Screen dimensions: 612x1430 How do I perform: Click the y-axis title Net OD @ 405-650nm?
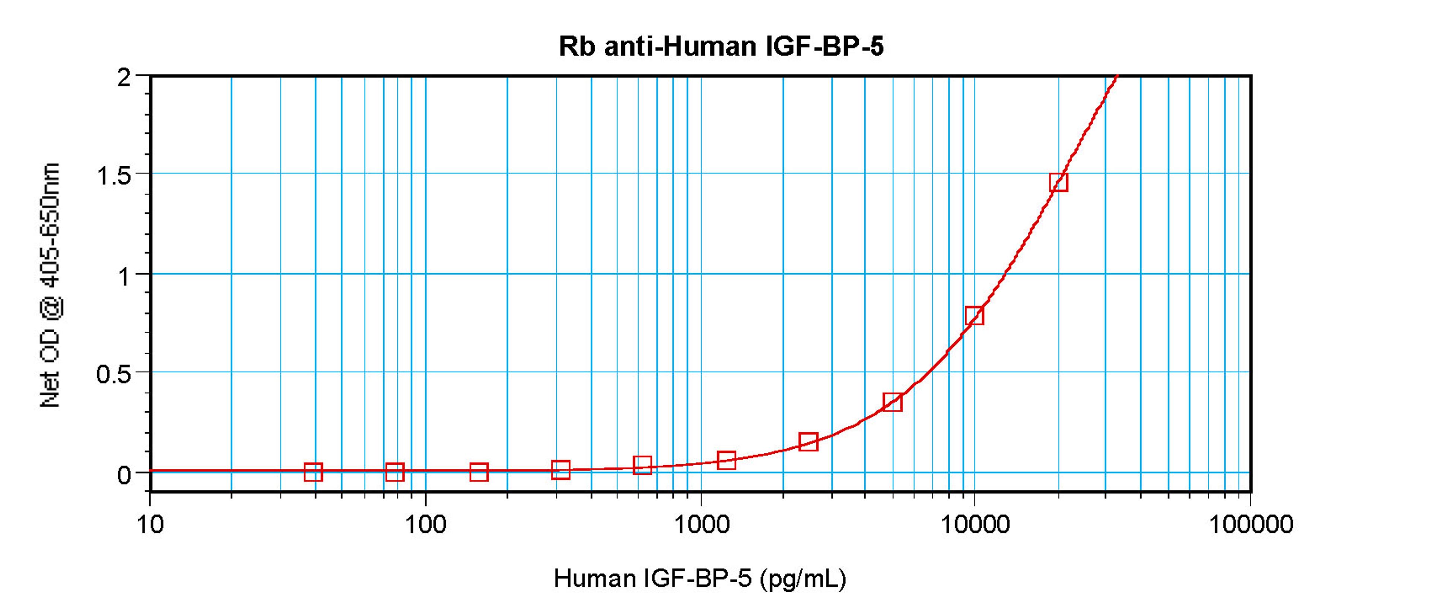point(50,286)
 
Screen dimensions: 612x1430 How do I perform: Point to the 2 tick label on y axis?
point(123,77)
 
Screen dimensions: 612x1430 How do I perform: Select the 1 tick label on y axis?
point(124,276)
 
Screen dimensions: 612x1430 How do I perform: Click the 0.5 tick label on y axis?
point(114,374)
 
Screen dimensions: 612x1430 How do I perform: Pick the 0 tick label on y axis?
point(123,475)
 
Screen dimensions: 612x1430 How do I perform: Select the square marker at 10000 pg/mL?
point(974,315)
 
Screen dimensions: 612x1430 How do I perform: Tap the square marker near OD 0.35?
point(892,401)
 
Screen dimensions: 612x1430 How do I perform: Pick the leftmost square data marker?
point(313,472)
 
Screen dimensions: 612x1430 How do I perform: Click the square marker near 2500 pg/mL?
point(808,442)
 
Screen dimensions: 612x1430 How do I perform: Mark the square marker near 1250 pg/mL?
point(726,460)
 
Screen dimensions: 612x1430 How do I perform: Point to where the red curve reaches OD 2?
point(1116,76)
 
